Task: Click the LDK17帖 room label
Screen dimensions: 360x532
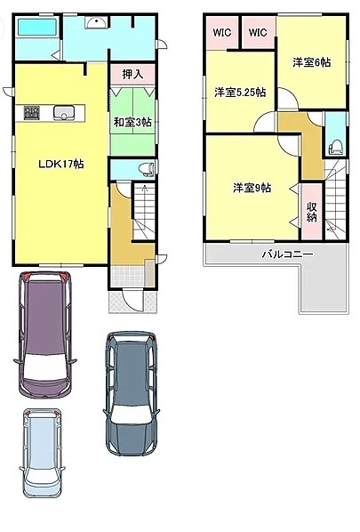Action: click(x=60, y=165)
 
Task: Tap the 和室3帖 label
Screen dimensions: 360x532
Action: click(x=132, y=122)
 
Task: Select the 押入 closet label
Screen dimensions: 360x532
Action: click(x=132, y=74)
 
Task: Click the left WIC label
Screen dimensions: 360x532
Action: click(x=222, y=33)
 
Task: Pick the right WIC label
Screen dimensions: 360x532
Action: click(x=258, y=33)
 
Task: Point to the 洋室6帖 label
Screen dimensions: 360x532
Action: click(x=311, y=62)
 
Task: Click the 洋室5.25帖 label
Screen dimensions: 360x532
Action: click(x=240, y=93)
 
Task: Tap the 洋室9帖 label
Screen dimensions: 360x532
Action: click(x=252, y=188)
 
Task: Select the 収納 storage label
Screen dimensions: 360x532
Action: click(x=311, y=212)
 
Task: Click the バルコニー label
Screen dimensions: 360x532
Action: click(x=287, y=254)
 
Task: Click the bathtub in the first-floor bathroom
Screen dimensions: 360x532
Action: click(x=37, y=28)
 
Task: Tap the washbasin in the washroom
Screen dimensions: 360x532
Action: click(x=97, y=23)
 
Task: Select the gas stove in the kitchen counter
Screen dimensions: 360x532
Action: click(x=32, y=113)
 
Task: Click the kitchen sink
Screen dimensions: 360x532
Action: click(x=64, y=113)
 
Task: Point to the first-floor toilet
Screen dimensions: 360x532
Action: click(x=147, y=169)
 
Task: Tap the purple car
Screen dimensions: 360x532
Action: click(x=45, y=335)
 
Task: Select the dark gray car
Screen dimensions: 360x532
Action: click(x=132, y=393)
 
